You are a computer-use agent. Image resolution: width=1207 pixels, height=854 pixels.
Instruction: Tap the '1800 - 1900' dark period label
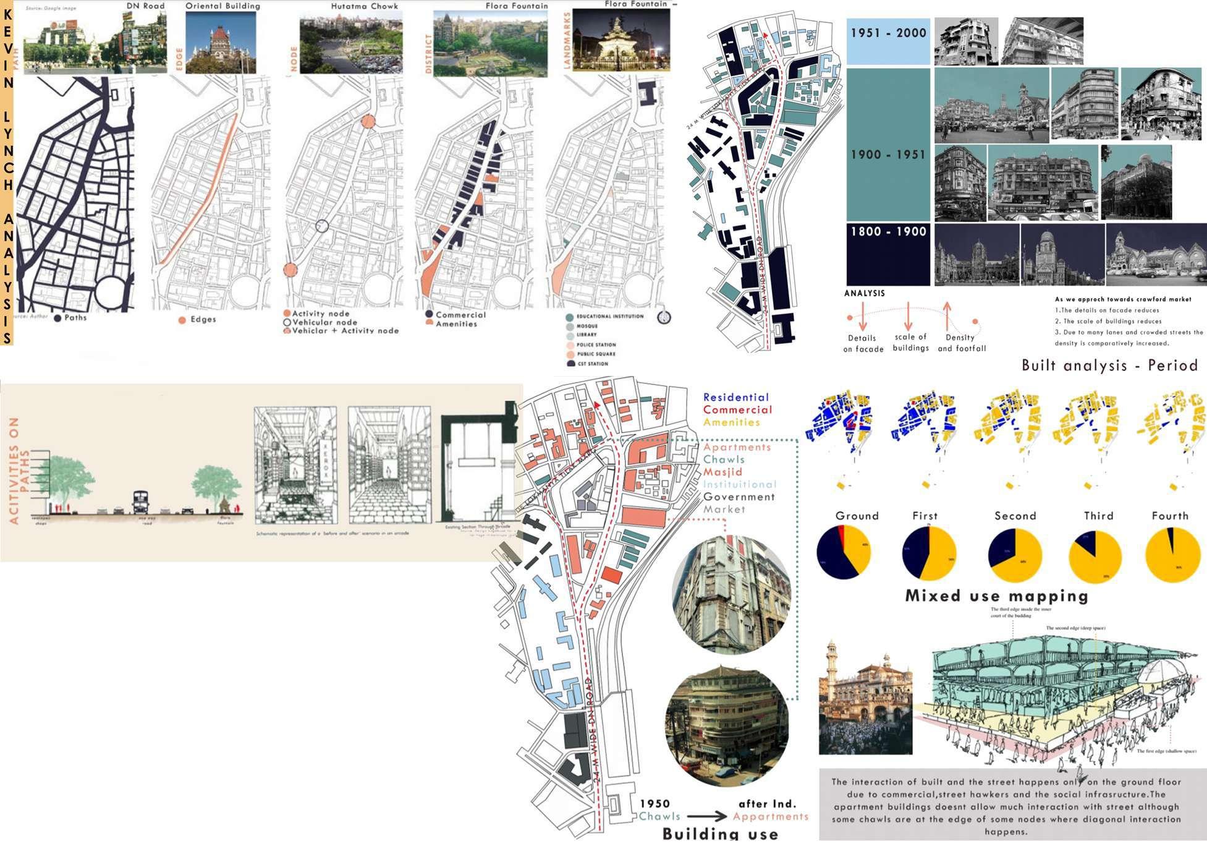pyautogui.click(x=888, y=233)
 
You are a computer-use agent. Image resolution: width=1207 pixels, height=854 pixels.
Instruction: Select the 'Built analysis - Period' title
pyautogui.click(x=1110, y=365)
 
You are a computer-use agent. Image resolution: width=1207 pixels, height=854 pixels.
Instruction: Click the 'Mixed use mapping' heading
pyautogui.click(x=996, y=596)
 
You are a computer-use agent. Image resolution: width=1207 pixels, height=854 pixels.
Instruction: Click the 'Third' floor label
pyautogui.click(x=1098, y=516)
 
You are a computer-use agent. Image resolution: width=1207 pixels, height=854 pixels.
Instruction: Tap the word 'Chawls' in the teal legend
pyautogui.click(x=724, y=459)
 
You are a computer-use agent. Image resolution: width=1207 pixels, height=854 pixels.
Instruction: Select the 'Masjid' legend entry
pyautogui.click(x=722, y=472)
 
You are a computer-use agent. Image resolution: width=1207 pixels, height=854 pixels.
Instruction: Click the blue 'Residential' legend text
pyautogui.click(x=735, y=398)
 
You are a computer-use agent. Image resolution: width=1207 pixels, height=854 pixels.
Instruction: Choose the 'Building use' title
pyautogui.click(x=720, y=834)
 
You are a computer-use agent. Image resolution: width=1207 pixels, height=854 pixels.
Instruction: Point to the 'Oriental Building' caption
pyautogui.click(x=222, y=6)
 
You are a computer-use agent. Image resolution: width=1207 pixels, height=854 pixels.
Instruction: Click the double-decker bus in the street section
pyautogui.click(x=141, y=502)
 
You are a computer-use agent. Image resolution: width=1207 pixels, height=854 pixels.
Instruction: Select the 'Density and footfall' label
pyautogui.click(x=962, y=343)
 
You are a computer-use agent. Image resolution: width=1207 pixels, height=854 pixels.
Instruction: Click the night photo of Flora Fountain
pyautogui.click(x=620, y=40)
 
